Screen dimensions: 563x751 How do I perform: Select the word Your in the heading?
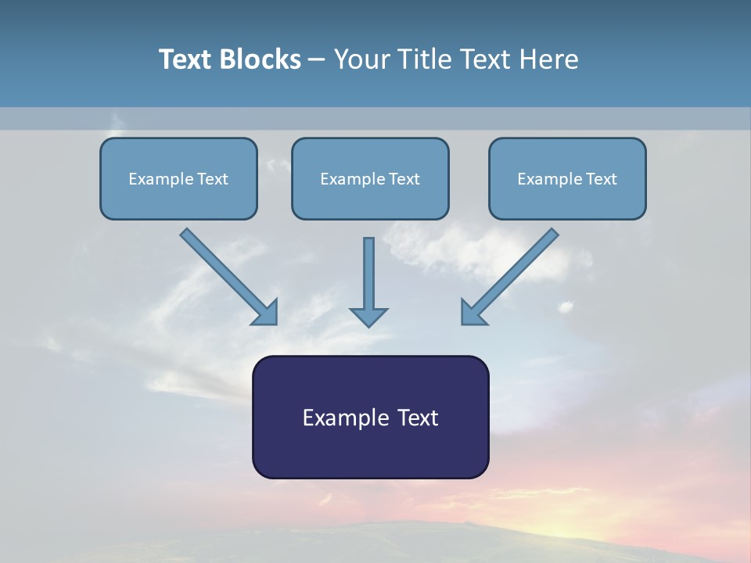(362, 59)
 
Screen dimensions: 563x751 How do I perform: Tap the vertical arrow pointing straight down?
(368, 278)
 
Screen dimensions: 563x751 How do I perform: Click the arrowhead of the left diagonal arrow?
(266, 313)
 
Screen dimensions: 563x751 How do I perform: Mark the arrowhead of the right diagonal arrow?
(473, 313)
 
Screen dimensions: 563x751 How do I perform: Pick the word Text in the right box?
(601, 179)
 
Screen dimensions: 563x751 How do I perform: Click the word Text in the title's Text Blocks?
(187, 59)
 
